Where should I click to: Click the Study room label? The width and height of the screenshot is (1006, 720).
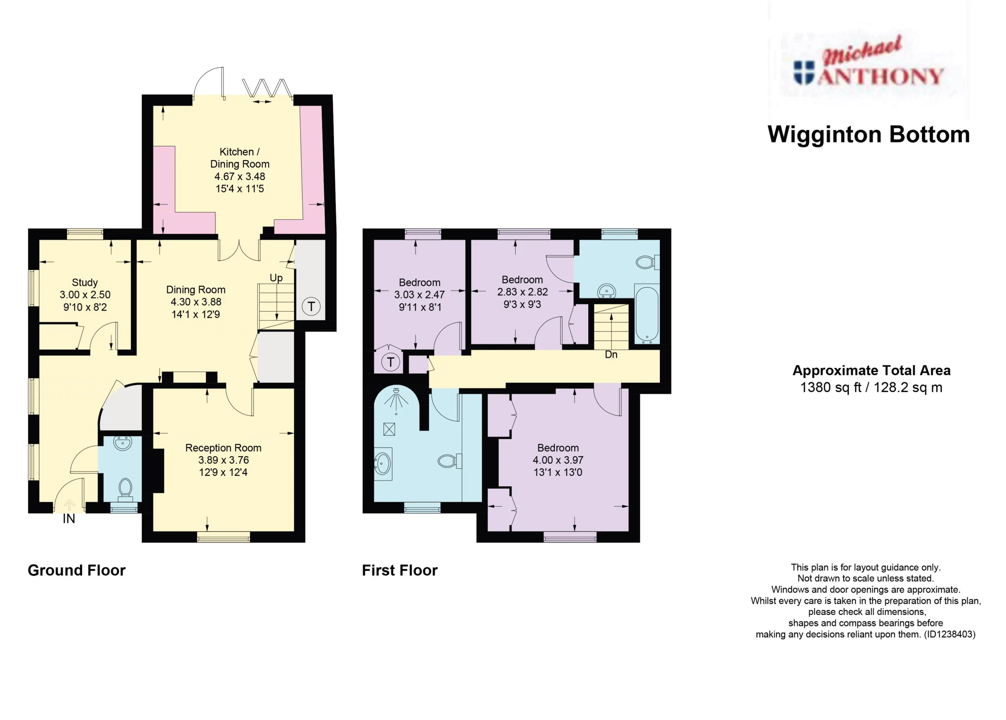pyautogui.click(x=84, y=282)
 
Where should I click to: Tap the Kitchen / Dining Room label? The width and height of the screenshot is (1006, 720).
pyautogui.click(x=240, y=158)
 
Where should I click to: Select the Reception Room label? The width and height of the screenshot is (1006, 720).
pyautogui.click(x=223, y=448)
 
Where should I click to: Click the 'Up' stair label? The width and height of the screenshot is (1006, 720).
pyautogui.click(x=276, y=278)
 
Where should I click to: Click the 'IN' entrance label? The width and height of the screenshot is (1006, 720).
pyautogui.click(x=69, y=519)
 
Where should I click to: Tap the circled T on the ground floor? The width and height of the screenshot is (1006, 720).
pyautogui.click(x=311, y=306)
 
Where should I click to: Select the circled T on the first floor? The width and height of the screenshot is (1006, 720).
pyautogui.click(x=390, y=362)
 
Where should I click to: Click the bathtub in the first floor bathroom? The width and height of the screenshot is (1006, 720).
pyautogui.click(x=647, y=314)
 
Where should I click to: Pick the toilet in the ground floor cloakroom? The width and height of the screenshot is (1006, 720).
pyautogui.click(x=125, y=490)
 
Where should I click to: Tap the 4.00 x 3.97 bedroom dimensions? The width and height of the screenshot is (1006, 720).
pyautogui.click(x=558, y=460)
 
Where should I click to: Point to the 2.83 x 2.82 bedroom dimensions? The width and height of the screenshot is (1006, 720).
pyautogui.click(x=522, y=292)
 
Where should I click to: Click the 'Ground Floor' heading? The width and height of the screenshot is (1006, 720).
pyautogui.click(x=77, y=570)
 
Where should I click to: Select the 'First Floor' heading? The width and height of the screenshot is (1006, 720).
pyautogui.click(x=400, y=570)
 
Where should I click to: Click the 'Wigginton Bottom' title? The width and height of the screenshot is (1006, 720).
pyautogui.click(x=869, y=134)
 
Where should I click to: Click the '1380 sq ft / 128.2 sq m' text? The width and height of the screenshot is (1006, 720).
pyautogui.click(x=871, y=387)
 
